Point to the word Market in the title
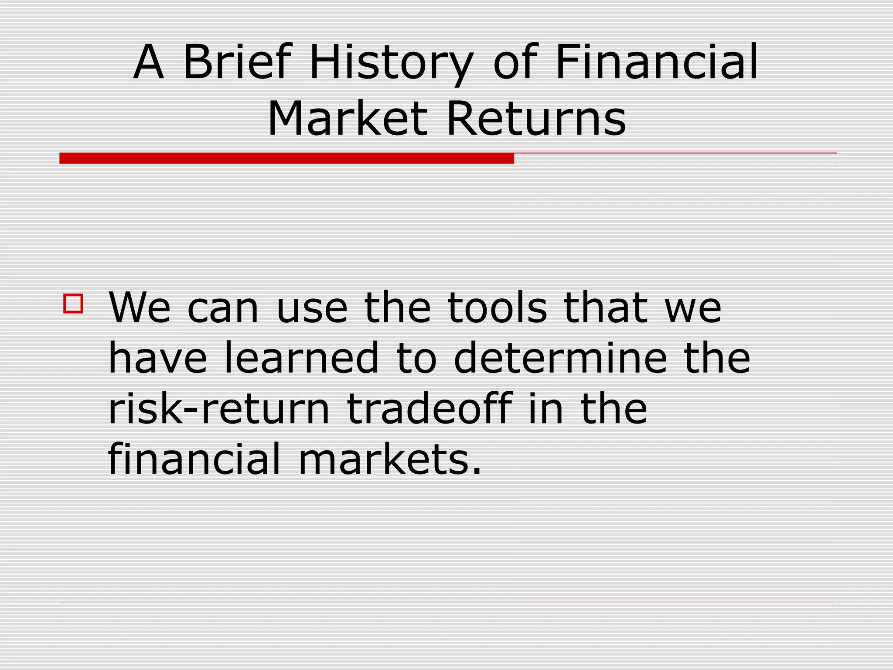point(347,119)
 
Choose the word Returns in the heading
point(536,119)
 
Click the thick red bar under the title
point(286,158)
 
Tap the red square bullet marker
point(73,304)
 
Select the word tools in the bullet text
point(497,308)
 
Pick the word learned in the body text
point(301,358)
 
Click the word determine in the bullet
point(560,358)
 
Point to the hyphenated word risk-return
point(218,409)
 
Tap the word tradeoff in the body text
point(429,409)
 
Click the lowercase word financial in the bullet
point(194,459)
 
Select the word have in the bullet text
point(157,358)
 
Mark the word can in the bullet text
point(223,308)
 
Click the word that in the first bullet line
point(605,308)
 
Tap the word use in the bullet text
point(312,308)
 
